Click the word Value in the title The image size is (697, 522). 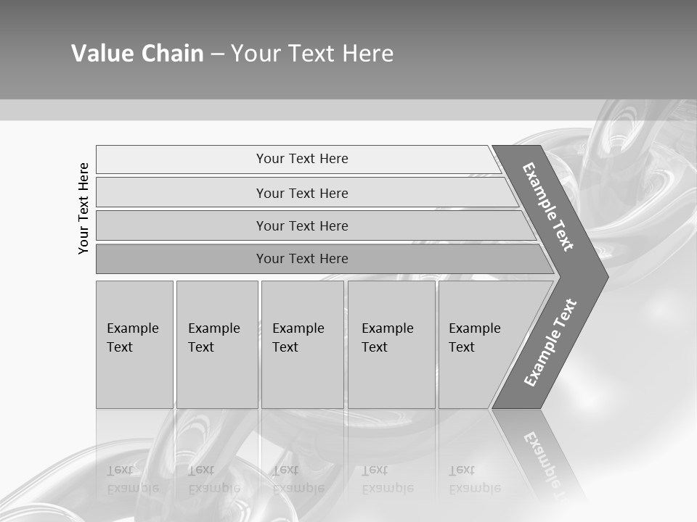pyautogui.click(x=98, y=54)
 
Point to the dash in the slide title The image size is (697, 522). pyautogui.click(x=217, y=54)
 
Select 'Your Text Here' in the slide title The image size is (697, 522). pyautogui.click(x=312, y=54)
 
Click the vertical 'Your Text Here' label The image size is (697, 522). pyautogui.click(x=83, y=208)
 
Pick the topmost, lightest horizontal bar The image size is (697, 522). pyautogui.click(x=301, y=159)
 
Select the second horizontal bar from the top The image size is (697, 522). pyautogui.click(x=301, y=193)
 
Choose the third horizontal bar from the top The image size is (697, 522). pyautogui.click(x=301, y=225)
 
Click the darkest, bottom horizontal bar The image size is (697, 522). pyautogui.click(x=301, y=259)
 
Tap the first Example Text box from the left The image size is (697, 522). pyautogui.click(x=134, y=344)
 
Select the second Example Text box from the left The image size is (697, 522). pyautogui.click(x=216, y=344)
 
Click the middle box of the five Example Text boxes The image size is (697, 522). pyautogui.click(x=302, y=344)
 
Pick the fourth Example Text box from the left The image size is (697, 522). pyautogui.click(x=391, y=344)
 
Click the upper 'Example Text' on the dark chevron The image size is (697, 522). pyautogui.click(x=548, y=207)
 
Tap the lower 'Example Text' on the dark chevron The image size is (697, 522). pyautogui.click(x=550, y=342)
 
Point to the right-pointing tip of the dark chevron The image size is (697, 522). pyautogui.click(x=604, y=277)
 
